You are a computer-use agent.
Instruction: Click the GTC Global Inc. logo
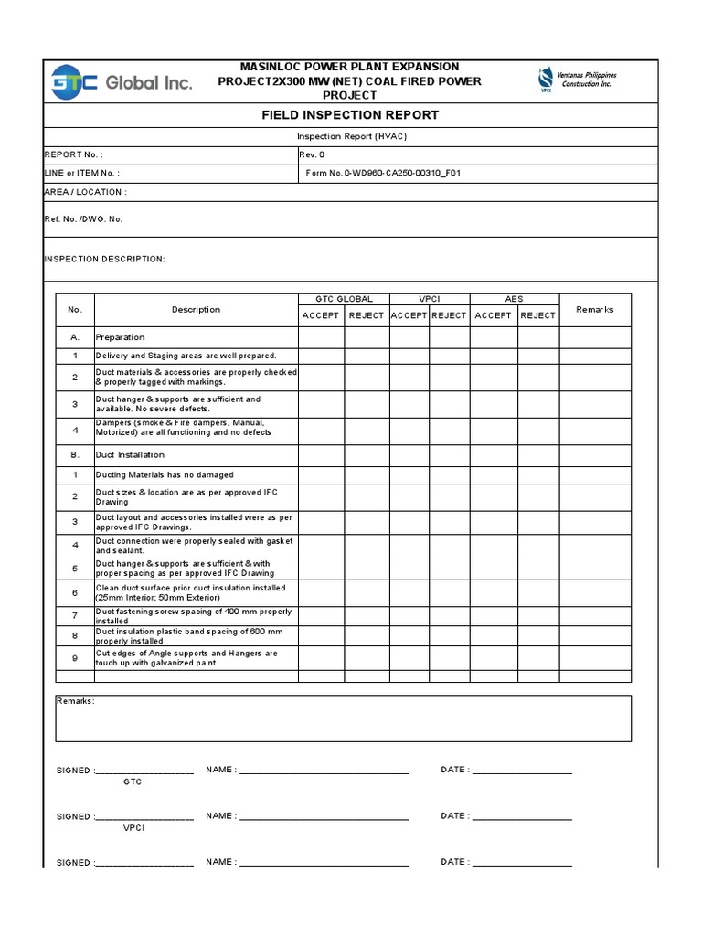tap(122, 82)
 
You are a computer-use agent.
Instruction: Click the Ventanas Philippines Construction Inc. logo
tap(577, 80)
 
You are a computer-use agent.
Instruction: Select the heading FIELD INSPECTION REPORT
tap(351, 115)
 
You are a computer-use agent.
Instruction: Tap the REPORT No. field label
tap(74, 154)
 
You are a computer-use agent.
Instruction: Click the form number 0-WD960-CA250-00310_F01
tap(383, 173)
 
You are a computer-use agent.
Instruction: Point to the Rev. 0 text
tap(312, 154)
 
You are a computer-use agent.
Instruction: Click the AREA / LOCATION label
tap(85, 192)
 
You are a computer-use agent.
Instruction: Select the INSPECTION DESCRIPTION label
tap(105, 259)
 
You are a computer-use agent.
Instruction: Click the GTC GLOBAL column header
tap(344, 299)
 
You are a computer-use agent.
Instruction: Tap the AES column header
tap(514, 299)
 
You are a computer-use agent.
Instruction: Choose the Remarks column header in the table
tap(594, 310)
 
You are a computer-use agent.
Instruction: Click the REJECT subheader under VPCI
tap(449, 315)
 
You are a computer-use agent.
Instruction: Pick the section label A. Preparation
tap(121, 337)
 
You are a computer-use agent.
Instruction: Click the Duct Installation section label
tap(130, 454)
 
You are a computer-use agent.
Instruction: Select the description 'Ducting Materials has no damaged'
tap(165, 475)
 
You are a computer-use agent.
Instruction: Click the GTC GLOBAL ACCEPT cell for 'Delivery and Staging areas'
tap(321, 356)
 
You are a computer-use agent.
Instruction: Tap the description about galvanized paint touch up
tap(186, 658)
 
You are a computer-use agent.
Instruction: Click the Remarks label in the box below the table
tap(75, 701)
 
